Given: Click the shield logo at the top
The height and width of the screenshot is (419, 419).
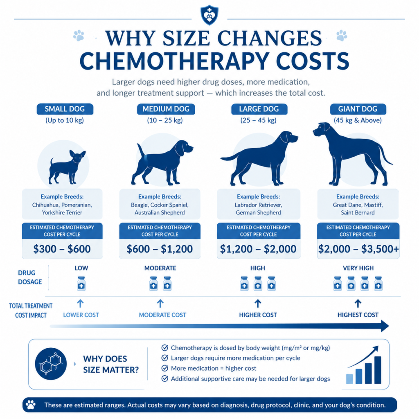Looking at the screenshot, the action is [209, 15].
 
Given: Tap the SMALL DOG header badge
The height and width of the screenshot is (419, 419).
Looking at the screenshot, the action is [65, 109].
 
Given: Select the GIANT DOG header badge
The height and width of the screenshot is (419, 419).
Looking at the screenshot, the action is [358, 109].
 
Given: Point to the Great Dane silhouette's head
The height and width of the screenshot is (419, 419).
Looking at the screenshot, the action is [322, 130].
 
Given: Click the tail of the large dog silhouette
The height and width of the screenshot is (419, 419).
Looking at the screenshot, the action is [230, 158].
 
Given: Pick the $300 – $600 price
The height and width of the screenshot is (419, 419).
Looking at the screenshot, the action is [62, 249].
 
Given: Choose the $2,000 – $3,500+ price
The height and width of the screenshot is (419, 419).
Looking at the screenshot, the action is [358, 249].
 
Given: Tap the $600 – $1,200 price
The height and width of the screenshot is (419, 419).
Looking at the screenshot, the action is [160, 249].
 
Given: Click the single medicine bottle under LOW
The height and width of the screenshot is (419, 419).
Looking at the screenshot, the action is [81, 284].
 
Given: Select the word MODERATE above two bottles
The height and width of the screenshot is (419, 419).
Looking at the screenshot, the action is [160, 268].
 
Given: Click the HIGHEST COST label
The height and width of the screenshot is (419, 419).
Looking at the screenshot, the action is [358, 315].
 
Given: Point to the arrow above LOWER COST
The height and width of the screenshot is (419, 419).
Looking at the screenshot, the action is [80, 304].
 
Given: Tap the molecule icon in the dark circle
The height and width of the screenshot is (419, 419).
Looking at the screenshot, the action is [51, 364].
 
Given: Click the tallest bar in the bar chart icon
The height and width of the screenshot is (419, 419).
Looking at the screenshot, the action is [378, 370].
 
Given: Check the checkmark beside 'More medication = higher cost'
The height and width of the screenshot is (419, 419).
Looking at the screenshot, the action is [164, 368].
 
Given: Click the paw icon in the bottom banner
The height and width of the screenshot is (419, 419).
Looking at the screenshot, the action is [30, 405].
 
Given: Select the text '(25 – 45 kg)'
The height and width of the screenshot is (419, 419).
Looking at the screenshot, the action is [259, 120].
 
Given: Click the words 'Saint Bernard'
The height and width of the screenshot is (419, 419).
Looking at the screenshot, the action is [358, 213].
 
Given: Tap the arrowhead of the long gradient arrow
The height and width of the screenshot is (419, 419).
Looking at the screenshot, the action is [385, 326].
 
